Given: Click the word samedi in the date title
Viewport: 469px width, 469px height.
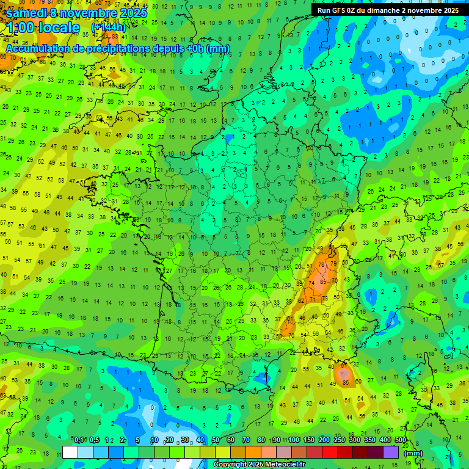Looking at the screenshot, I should click(28, 13).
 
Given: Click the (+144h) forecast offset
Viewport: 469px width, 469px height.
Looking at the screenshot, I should click(108, 27).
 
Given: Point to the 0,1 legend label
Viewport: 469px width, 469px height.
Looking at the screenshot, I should click(79, 440).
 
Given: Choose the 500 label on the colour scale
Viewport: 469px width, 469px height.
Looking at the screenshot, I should click(401, 440).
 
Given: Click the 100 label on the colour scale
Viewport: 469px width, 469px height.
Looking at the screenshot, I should click(294, 440).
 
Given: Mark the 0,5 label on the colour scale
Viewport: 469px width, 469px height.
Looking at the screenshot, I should click(94, 440).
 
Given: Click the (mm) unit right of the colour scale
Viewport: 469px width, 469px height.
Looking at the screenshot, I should click(413, 453).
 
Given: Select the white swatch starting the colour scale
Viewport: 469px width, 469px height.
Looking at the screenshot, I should click(70, 453).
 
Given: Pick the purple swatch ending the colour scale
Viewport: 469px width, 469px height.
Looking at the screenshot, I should click(391, 453).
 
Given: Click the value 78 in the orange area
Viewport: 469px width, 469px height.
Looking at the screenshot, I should click(322, 264).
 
